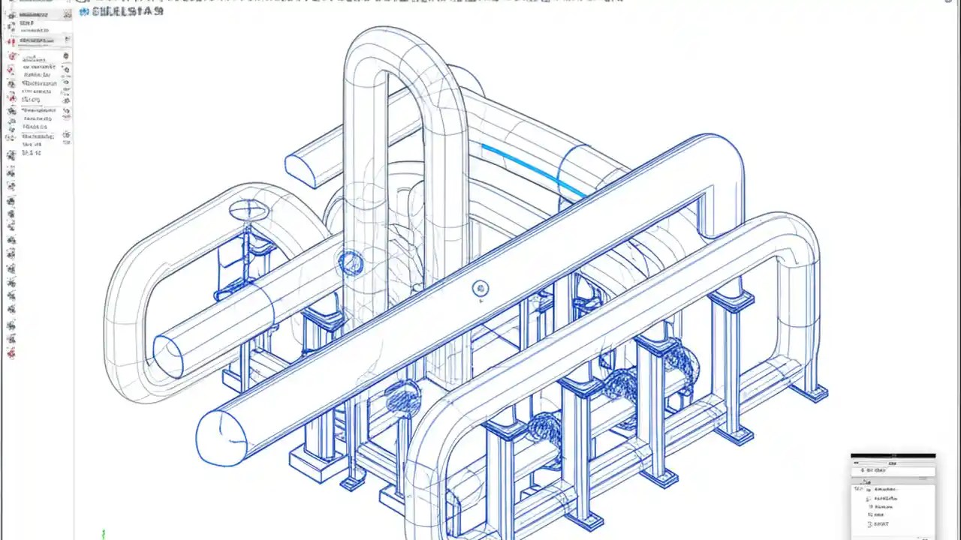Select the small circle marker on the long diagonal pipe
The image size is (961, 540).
(x=480, y=289)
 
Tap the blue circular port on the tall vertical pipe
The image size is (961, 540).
(x=351, y=262)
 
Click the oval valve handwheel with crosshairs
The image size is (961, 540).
(x=249, y=211)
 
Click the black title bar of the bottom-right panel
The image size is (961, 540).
(x=893, y=455)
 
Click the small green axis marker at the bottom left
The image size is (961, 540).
(x=103, y=533)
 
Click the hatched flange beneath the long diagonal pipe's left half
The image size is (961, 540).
(x=403, y=397)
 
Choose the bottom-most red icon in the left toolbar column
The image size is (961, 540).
(x=11, y=353)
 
